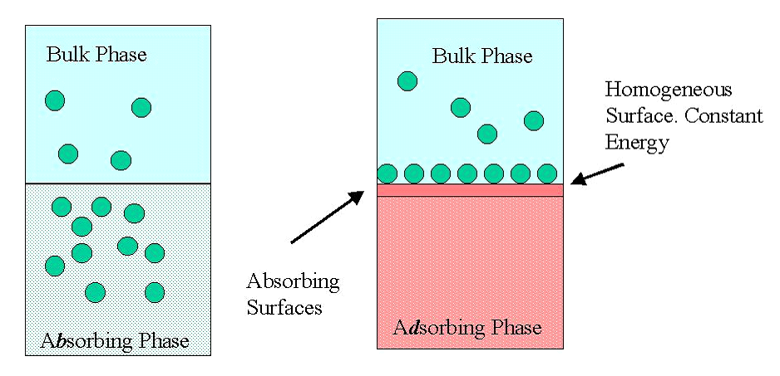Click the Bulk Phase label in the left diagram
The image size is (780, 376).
point(96,54)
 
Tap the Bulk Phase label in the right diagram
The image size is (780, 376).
point(482,56)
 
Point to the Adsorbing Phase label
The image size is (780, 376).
point(467,329)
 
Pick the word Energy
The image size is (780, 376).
point(637,143)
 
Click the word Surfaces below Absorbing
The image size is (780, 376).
point(284,308)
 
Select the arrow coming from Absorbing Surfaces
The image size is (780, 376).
point(327,217)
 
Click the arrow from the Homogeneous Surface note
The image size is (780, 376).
point(597,173)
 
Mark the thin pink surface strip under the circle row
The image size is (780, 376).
point(470,190)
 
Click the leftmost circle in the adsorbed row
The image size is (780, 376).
point(388,173)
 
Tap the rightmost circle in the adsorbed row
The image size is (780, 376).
point(547,173)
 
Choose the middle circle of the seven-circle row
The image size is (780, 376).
point(467,173)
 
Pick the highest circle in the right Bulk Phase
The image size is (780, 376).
point(407,81)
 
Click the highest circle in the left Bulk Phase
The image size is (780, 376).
point(55,100)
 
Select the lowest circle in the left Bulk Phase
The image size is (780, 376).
point(121,160)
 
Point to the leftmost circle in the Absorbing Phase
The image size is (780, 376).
point(55,266)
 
